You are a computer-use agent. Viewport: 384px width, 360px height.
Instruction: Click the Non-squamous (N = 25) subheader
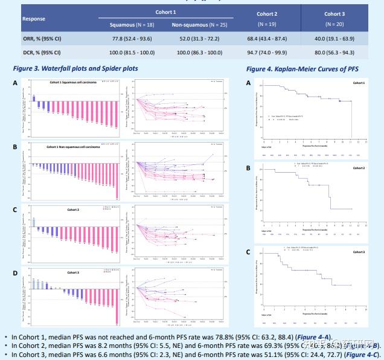(x=199, y=25)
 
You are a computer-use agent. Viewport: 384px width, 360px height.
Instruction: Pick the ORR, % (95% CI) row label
(x=42, y=39)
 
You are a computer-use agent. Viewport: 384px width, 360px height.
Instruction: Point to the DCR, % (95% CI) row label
(x=42, y=52)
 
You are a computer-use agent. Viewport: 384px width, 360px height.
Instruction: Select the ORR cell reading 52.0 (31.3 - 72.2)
(x=199, y=39)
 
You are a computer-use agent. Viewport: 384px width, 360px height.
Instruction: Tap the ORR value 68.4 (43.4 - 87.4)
(x=267, y=39)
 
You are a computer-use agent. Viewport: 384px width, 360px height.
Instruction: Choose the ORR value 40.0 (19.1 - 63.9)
(x=334, y=39)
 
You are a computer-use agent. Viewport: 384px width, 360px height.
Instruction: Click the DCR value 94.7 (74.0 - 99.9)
(x=267, y=52)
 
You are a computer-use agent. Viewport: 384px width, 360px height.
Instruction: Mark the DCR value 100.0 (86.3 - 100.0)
(x=199, y=52)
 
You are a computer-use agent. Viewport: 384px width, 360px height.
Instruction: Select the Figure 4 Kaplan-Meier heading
(x=302, y=69)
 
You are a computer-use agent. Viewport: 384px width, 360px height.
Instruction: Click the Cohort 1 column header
(x=165, y=12)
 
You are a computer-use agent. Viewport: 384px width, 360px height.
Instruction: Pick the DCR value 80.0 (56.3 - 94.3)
(x=334, y=52)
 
